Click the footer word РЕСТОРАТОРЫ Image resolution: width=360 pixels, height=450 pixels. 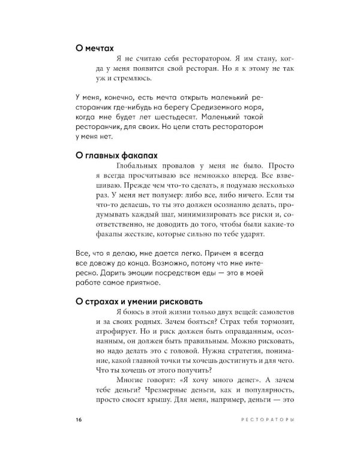266,420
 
